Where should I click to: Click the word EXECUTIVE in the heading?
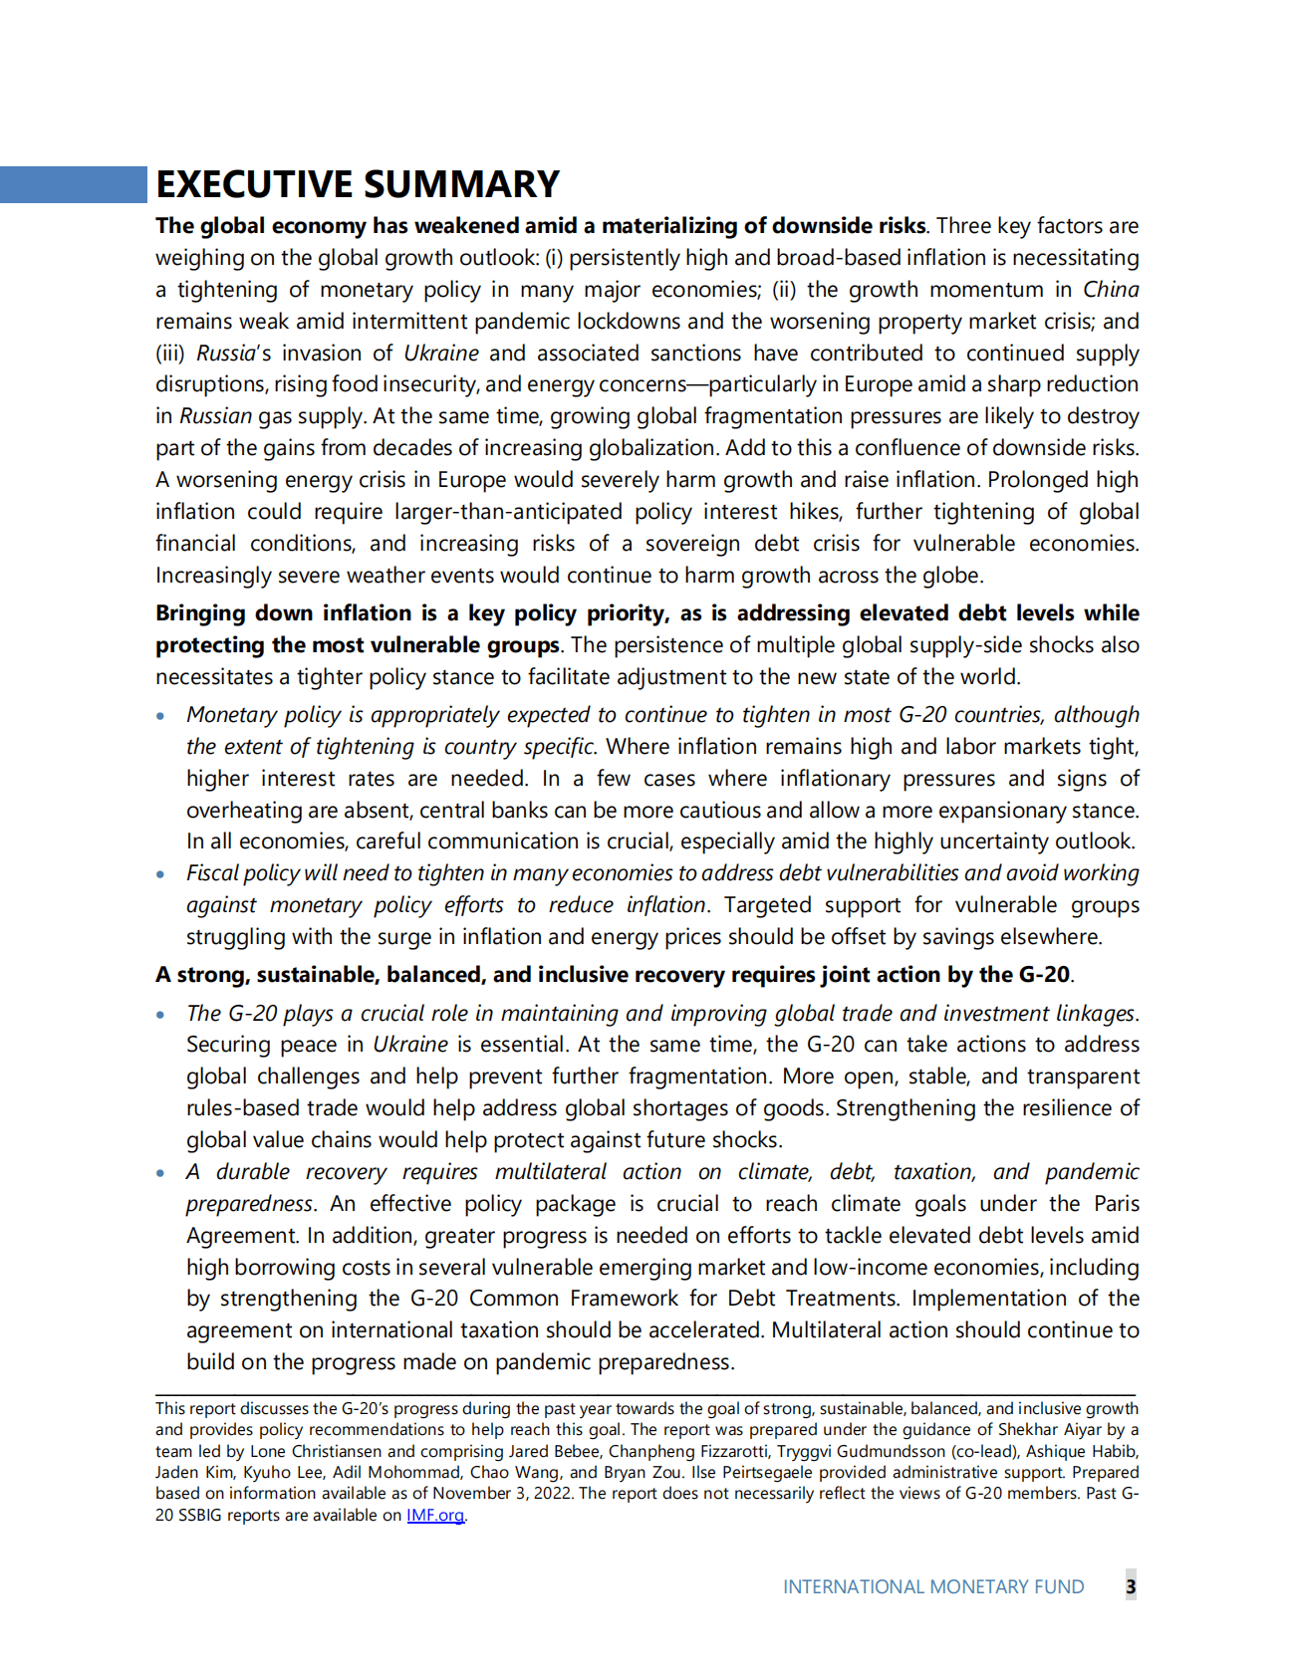tap(253, 185)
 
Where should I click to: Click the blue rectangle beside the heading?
tap(73, 184)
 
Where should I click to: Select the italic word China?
tap(1110, 290)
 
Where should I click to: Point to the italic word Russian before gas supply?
tap(215, 416)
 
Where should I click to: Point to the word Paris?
tap(1116, 1204)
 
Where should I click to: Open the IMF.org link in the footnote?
tap(435, 1516)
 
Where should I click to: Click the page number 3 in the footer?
tap(1131, 1586)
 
